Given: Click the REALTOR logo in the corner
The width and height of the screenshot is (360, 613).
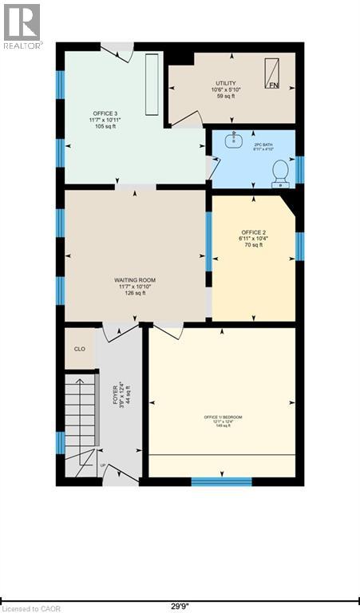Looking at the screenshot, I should [22, 25].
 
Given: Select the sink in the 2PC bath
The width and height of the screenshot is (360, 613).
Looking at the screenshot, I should [235, 140].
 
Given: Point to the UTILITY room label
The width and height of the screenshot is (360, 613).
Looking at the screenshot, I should [225, 83].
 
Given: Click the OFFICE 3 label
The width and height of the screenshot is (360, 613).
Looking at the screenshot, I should [101, 114].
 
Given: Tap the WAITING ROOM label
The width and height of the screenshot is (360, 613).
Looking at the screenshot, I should [134, 280].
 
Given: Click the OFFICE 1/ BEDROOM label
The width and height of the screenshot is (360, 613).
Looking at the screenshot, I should [223, 418].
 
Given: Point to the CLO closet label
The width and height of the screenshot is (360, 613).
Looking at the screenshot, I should [79, 349].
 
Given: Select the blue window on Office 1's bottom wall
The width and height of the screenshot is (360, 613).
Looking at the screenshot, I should [221, 481].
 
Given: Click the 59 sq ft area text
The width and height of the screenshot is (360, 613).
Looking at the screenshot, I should [225, 97].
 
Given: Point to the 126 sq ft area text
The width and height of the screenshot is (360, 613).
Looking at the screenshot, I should [134, 293].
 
